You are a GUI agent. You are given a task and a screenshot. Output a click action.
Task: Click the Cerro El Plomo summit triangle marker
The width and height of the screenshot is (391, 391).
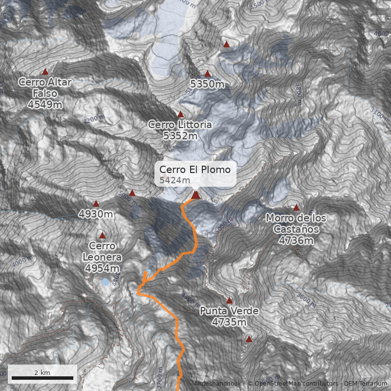tap(195, 195)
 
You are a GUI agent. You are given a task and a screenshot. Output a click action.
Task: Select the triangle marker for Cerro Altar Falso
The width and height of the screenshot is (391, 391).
tap(45, 72)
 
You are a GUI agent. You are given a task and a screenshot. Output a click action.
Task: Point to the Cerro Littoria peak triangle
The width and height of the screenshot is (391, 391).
tap(180, 114)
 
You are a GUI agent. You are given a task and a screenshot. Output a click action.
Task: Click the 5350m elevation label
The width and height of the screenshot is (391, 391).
tap(207, 84)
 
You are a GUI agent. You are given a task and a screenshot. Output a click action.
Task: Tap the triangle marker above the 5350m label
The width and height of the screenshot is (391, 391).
tap(207, 74)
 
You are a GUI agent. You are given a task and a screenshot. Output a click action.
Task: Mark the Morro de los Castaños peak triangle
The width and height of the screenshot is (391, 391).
tap(296, 208)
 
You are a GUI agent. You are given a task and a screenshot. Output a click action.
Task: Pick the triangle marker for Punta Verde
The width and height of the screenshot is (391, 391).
tap(229, 301)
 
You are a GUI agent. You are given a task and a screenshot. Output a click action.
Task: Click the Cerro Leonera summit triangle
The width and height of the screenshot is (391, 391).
tap(102, 236)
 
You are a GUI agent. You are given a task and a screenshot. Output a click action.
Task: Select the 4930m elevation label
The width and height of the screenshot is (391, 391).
tap(96, 214)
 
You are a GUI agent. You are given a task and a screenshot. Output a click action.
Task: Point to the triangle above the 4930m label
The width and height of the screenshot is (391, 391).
tap(96, 204)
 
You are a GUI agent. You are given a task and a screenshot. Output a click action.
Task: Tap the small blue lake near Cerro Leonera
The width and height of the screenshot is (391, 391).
tap(106, 282)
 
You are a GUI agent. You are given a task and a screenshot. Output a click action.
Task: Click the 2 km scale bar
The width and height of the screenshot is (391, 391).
tap(42, 378)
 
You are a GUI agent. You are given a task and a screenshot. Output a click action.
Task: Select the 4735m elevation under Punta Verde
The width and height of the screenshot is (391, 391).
tap(229, 322)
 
